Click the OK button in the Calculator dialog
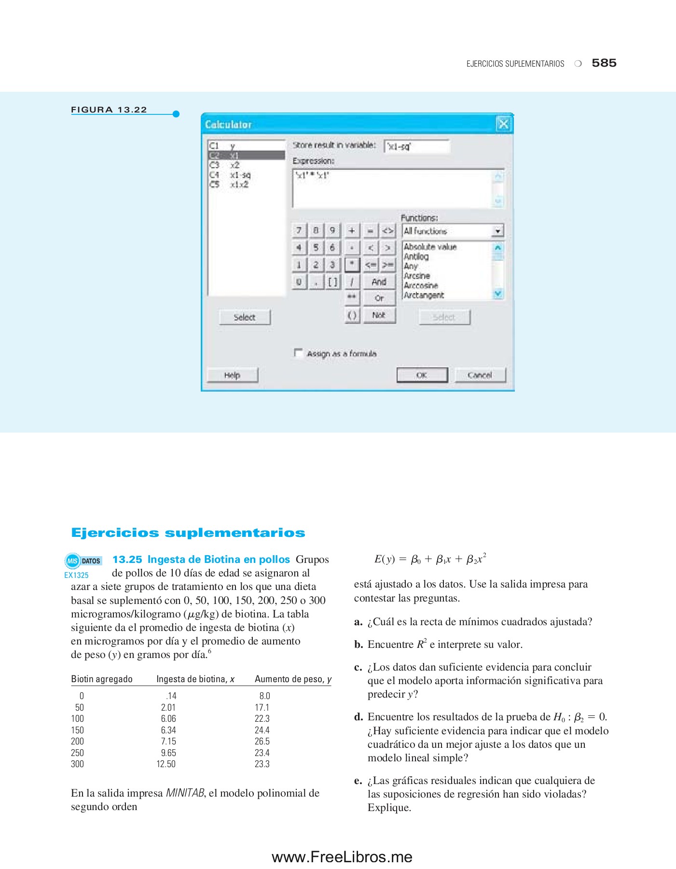click(422, 375)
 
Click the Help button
click(232, 375)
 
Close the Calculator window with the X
click(503, 124)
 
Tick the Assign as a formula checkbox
click(299, 353)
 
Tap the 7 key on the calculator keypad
click(299, 230)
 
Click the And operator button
click(379, 281)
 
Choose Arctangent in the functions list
click(424, 295)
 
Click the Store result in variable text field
click(417, 146)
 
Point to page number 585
click(604, 63)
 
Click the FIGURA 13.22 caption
click(109, 110)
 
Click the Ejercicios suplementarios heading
click(188, 533)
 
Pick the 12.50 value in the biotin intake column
click(166, 764)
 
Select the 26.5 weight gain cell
click(262, 741)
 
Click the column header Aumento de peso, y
click(293, 679)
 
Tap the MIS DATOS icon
click(83, 561)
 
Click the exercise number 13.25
click(127, 560)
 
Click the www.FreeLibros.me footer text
click(342, 857)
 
